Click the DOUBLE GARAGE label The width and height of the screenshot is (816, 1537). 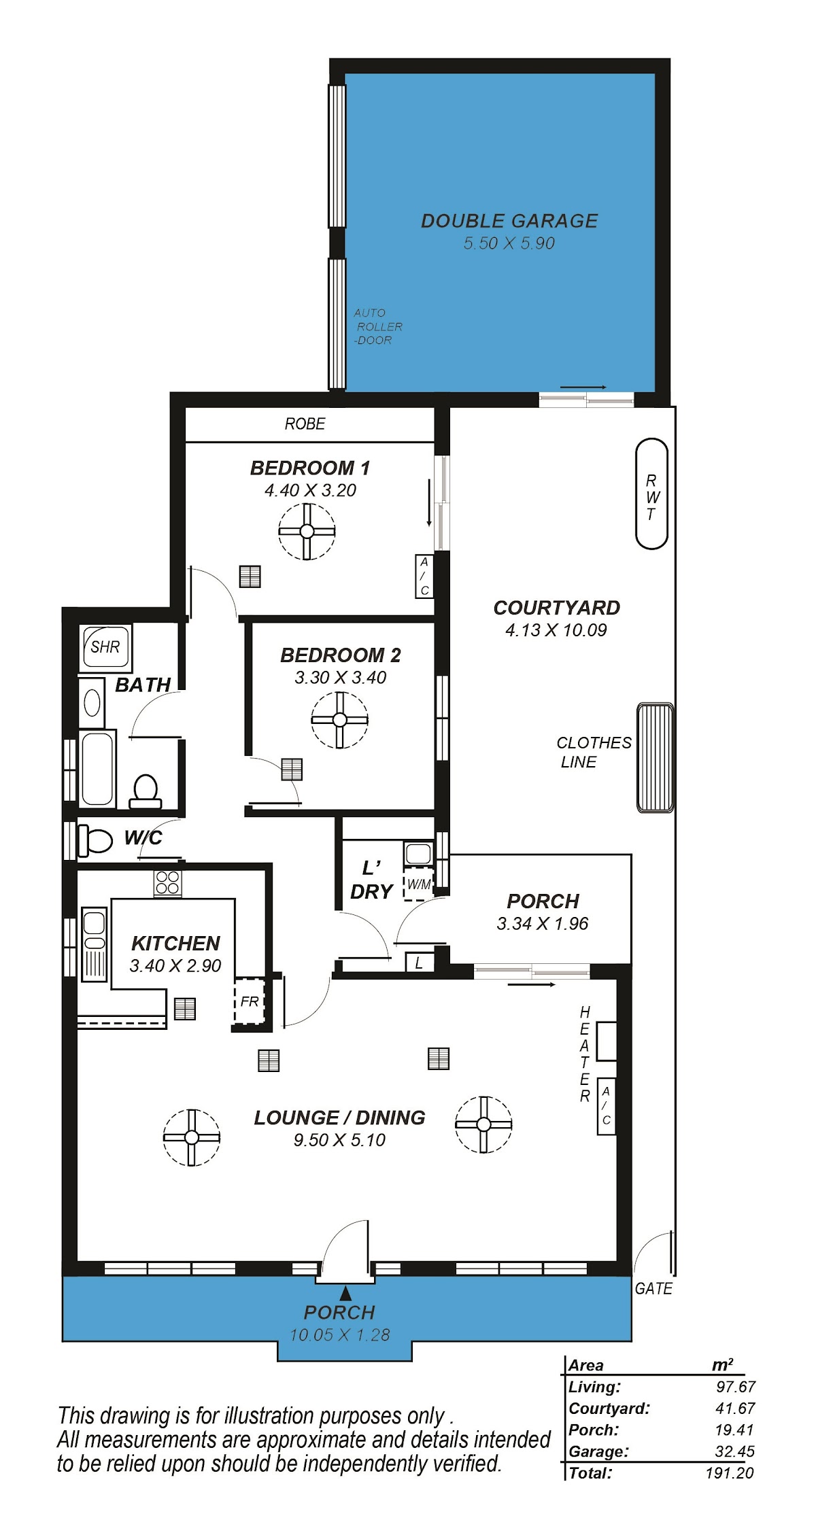[x=509, y=221]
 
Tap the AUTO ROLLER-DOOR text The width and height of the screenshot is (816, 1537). [x=378, y=326]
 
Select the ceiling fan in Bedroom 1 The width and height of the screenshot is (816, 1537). [x=307, y=532]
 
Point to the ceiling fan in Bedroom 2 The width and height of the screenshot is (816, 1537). [x=340, y=720]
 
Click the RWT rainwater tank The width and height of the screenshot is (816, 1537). [x=651, y=494]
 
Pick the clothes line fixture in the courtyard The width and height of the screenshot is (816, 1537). [x=655, y=758]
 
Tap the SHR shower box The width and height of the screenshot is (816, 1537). [x=105, y=647]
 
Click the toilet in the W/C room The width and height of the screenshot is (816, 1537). [x=95, y=840]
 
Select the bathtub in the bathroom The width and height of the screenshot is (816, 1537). [x=98, y=768]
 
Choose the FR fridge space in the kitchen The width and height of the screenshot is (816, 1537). [x=249, y=1001]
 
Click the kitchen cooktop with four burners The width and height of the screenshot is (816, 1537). [x=167, y=883]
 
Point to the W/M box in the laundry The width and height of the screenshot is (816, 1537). [x=419, y=884]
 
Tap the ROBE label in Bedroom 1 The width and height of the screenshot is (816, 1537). [x=305, y=424]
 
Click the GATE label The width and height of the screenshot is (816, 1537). [x=653, y=1289]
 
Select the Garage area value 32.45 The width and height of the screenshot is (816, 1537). [x=734, y=1452]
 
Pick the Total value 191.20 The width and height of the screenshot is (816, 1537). [x=730, y=1473]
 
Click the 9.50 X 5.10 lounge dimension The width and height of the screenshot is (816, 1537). [x=339, y=1140]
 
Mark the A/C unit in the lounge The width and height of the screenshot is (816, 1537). [x=606, y=1106]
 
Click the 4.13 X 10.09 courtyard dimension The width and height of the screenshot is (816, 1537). [x=556, y=630]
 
